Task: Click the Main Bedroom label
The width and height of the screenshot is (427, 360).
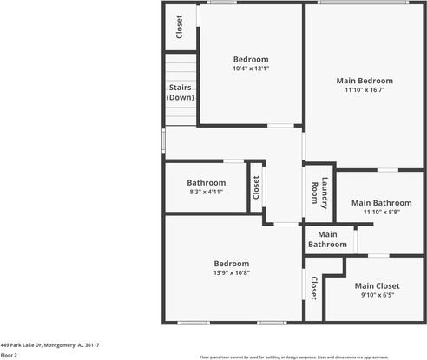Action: [365, 80]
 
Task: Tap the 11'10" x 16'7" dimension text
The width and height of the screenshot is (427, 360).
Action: [365, 89]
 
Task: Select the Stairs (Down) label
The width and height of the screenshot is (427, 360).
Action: [180, 92]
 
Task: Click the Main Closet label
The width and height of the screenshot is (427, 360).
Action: [377, 285]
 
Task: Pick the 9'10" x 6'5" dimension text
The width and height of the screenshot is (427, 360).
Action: [377, 295]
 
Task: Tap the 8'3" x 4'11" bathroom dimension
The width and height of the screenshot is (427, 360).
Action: [207, 192]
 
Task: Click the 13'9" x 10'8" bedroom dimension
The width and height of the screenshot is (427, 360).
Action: [232, 273]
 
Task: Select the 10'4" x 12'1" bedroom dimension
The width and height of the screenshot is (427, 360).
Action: [250, 69]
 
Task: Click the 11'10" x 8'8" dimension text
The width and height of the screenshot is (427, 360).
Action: [374, 212]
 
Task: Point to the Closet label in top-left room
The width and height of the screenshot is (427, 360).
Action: [180, 28]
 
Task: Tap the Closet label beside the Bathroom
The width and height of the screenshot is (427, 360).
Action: [256, 188]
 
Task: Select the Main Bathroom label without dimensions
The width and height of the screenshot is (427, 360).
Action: [327, 239]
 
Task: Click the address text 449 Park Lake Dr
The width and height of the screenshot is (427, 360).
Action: [49, 344]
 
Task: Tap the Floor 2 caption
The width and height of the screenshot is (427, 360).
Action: [10, 355]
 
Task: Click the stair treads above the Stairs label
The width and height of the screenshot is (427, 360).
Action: [180, 67]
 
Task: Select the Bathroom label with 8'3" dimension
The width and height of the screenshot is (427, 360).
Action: [207, 182]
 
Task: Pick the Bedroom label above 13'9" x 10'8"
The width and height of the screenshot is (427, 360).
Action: [232, 264]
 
